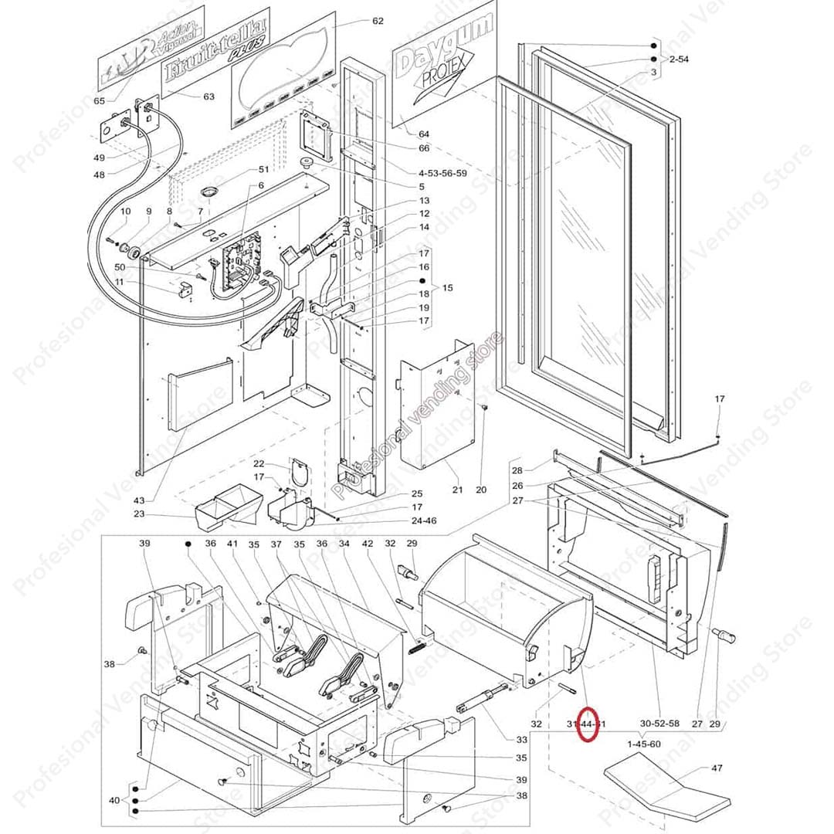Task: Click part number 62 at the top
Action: [378, 21]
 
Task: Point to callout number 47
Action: [717, 768]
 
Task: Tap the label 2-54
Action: [679, 59]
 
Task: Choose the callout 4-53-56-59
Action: [442, 173]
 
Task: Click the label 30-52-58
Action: [659, 724]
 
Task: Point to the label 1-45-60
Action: [644, 744]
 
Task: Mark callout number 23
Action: [139, 514]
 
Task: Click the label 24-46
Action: [423, 520]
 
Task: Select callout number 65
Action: [100, 101]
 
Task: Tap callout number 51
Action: [263, 169]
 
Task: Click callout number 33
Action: [521, 739]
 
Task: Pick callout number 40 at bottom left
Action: [114, 800]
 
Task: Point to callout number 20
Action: [481, 490]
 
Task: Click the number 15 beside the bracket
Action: [447, 287]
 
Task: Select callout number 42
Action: [368, 544]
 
